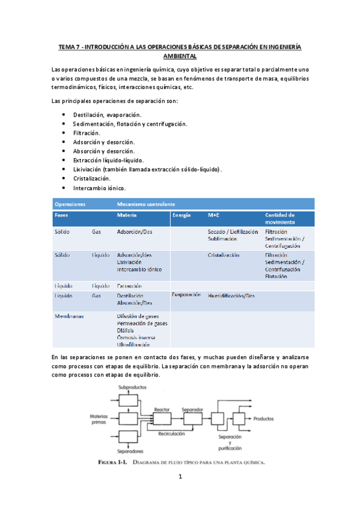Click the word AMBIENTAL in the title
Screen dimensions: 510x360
pyautogui.click(x=180, y=55)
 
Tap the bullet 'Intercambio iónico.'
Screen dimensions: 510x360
pyautogui.click(x=99, y=188)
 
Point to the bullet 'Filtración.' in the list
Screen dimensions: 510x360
pyautogui.click(x=87, y=132)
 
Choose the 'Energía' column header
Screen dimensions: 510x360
pyautogui.click(x=181, y=215)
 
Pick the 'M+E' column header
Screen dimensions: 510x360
pyautogui.click(x=213, y=215)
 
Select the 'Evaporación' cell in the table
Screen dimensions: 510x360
pyautogui.click(x=186, y=295)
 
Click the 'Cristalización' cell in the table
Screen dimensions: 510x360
pyautogui.click(x=224, y=255)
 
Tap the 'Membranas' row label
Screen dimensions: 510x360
pyautogui.click(x=69, y=316)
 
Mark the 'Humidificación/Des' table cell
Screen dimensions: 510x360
pyautogui.click(x=231, y=296)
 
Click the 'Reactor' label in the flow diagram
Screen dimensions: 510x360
pyautogui.click(x=162, y=409)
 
